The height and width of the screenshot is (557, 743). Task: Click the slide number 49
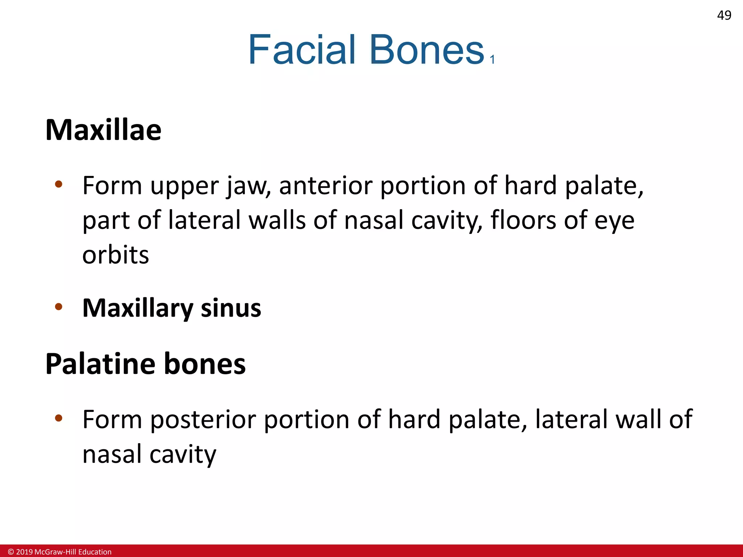(724, 15)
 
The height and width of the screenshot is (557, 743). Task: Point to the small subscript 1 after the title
(492, 59)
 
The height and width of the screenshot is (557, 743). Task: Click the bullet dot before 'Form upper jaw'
(58, 184)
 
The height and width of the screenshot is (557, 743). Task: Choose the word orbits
(116, 255)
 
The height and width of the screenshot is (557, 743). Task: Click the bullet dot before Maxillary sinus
(58, 307)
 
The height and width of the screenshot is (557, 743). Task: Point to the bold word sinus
(231, 308)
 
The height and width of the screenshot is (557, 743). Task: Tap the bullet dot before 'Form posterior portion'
(58, 418)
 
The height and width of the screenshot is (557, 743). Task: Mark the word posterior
(203, 420)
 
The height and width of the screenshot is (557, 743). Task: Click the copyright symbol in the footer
(11, 552)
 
